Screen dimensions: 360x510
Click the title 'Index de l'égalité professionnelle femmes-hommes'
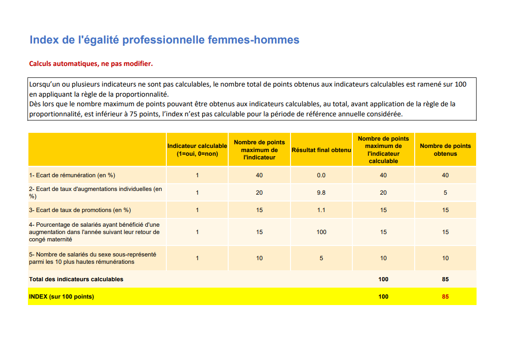(164, 40)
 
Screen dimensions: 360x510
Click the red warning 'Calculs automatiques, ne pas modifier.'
(91, 64)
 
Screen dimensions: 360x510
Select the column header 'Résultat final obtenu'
(321, 150)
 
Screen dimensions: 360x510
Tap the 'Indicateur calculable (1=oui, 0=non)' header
(197, 150)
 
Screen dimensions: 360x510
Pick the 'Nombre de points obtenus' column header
(445, 150)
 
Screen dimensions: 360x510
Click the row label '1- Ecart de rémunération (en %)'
(72, 175)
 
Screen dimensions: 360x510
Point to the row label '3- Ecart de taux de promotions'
(80, 210)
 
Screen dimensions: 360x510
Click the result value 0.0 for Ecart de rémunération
(321, 175)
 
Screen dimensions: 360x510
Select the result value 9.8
(321, 193)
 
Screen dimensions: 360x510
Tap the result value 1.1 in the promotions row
(321, 210)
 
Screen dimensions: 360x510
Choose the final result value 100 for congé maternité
(321, 232)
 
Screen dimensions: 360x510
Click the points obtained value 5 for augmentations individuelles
(445, 193)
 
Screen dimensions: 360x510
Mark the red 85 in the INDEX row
(445, 297)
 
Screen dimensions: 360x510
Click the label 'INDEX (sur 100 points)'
(61, 297)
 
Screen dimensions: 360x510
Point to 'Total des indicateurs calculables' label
(76, 279)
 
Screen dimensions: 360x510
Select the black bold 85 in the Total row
(445, 279)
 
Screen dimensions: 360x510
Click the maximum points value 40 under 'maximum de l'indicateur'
(259, 175)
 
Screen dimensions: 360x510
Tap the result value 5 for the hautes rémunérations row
(321, 258)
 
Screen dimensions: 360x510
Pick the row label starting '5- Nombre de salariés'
(93, 258)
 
